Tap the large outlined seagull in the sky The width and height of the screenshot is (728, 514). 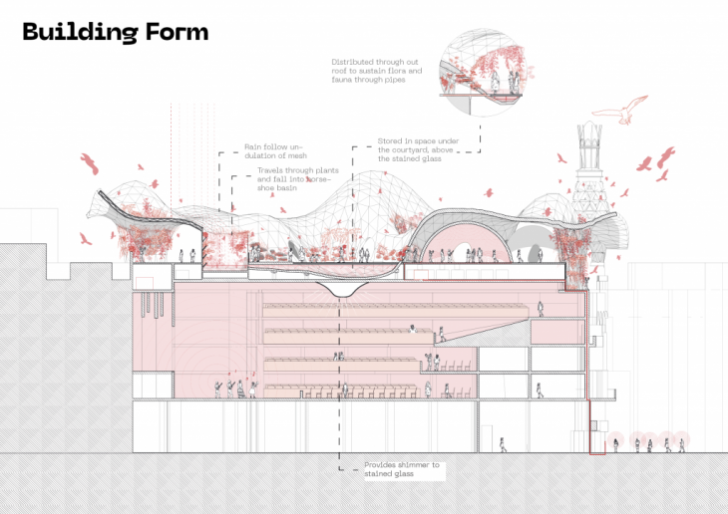pos(631,108)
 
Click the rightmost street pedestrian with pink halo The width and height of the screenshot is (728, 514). pos(682,442)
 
